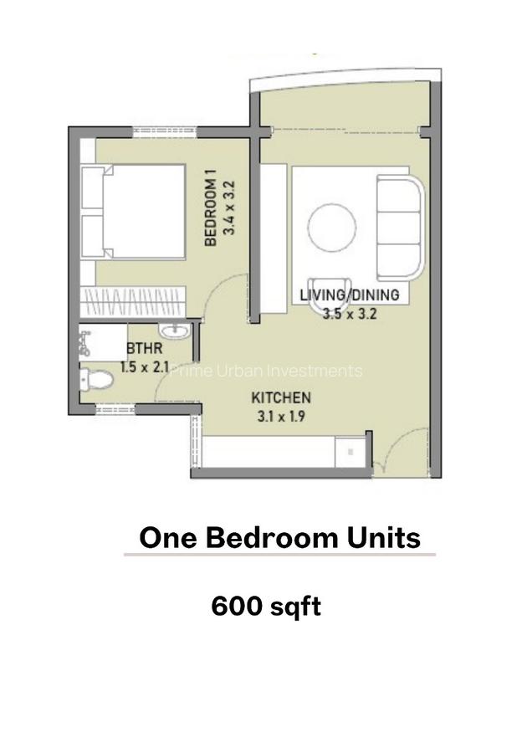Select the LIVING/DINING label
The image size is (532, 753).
(x=349, y=295)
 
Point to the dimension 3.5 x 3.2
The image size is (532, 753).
(x=350, y=315)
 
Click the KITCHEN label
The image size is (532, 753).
(x=281, y=397)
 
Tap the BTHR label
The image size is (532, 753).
(x=138, y=348)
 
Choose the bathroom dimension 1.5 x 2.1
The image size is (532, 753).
(x=145, y=366)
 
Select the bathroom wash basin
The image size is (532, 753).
(x=176, y=332)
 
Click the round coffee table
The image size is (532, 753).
(x=332, y=227)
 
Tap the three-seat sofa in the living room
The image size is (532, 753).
(x=400, y=226)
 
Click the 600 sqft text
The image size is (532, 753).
(x=266, y=607)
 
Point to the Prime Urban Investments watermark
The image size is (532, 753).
(x=266, y=371)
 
